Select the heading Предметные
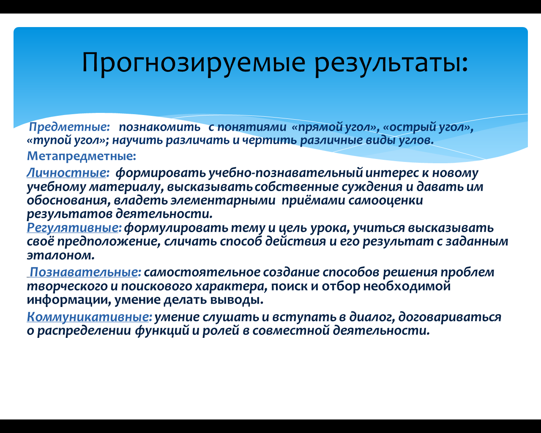point(69,127)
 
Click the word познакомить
point(160,127)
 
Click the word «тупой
point(49,140)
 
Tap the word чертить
point(270,140)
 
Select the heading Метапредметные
point(82,156)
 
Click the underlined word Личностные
point(66,173)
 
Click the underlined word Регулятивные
point(73,227)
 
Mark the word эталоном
point(60,255)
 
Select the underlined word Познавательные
point(84,272)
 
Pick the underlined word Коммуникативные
point(88,317)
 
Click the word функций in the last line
point(162,331)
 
